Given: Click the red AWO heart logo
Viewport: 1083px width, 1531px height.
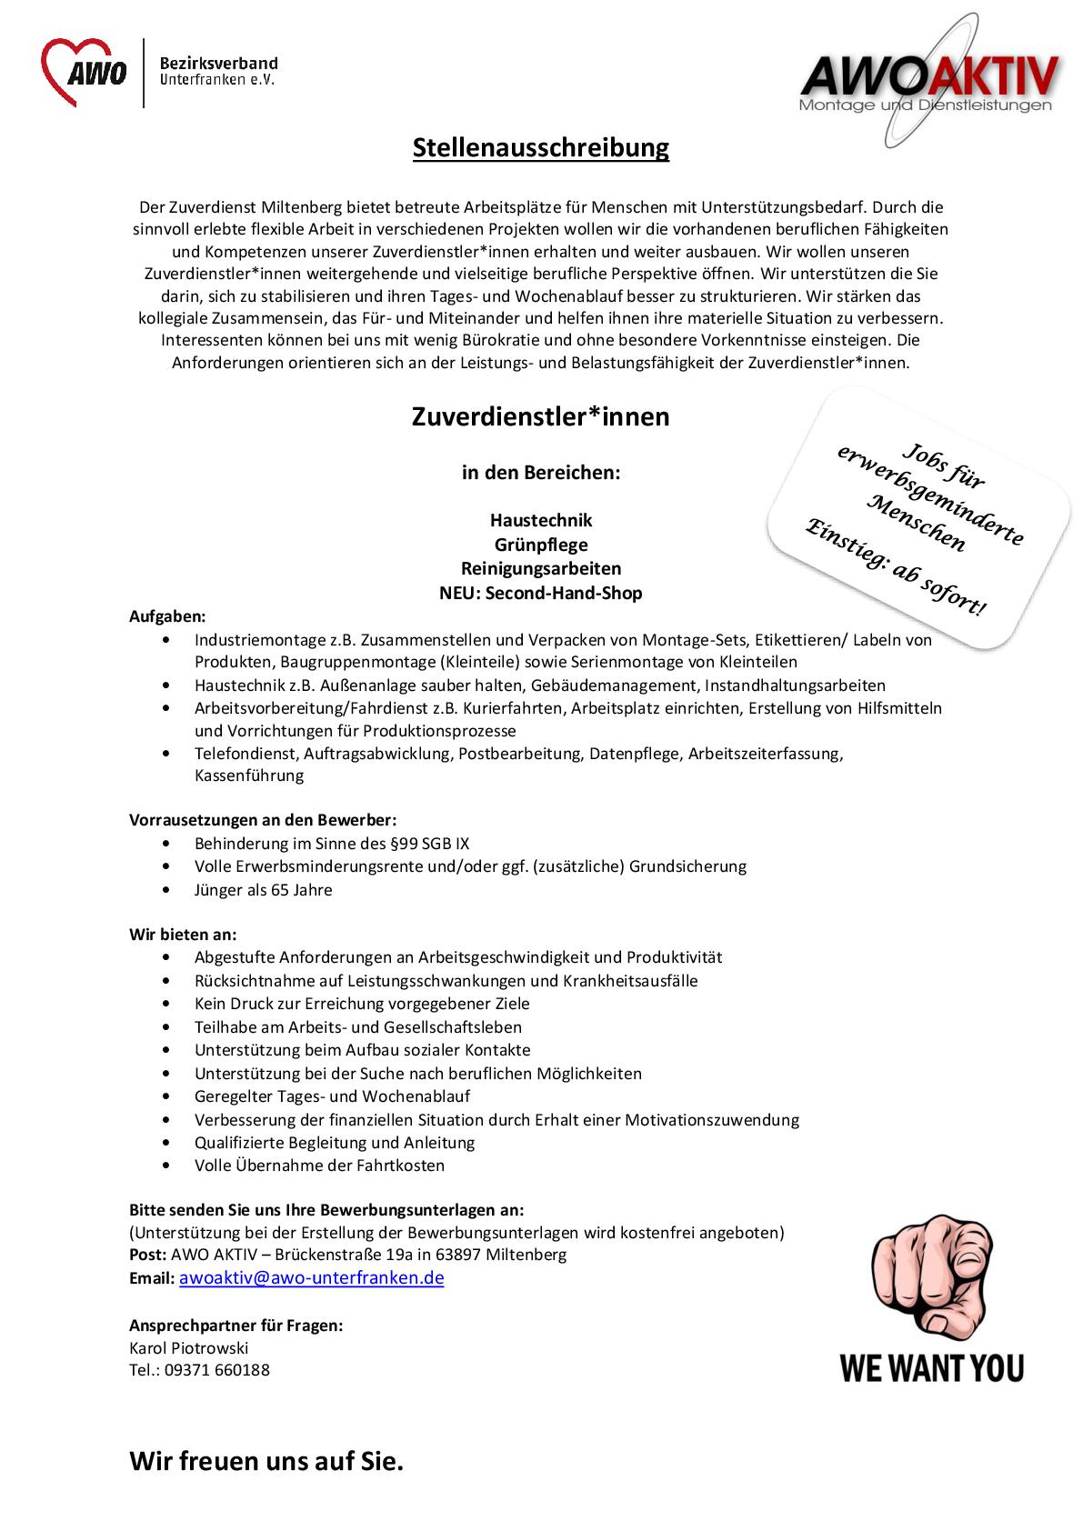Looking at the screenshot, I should (x=84, y=73).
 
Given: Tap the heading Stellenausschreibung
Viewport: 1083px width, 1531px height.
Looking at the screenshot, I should (x=541, y=148).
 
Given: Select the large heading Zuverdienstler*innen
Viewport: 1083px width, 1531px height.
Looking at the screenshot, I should (x=541, y=417).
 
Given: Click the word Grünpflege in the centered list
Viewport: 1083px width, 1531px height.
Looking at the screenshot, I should (x=541, y=545).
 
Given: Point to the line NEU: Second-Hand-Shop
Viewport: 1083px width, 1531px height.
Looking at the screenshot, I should (x=541, y=594).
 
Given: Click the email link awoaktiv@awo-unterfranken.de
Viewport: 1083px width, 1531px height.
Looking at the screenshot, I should (x=311, y=1277).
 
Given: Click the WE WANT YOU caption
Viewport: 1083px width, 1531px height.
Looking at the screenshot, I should (x=932, y=1367).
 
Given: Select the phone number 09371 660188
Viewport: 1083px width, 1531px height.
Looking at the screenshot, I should (x=217, y=1370).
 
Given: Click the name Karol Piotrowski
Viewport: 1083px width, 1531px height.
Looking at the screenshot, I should (x=188, y=1347).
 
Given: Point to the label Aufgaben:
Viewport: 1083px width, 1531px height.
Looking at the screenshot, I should (x=167, y=616).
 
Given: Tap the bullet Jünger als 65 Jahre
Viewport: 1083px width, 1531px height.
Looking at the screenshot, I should (x=263, y=890).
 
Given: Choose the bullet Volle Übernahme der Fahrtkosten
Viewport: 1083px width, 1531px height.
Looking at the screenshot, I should (x=319, y=1166).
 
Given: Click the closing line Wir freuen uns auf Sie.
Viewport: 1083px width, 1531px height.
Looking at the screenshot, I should (x=266, y=1462).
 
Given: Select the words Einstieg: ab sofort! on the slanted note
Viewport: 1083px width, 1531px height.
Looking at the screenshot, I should (x=895, y=566).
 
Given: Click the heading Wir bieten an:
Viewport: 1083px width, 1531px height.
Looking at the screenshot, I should (x=183, y=934).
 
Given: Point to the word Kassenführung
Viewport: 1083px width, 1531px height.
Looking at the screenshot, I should (x=249, y=776).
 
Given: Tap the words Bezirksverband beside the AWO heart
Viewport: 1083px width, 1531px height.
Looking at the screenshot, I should (x=218, y=64).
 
